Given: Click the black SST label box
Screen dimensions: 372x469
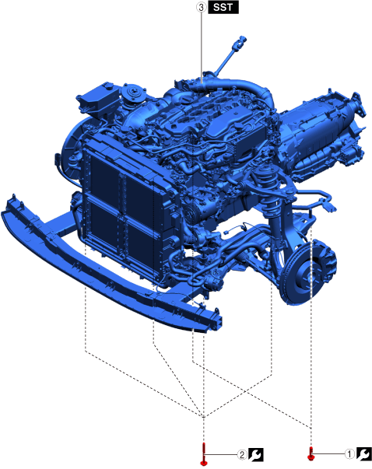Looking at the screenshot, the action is [x=223, y=7].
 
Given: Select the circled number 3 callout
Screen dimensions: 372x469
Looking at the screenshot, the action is [x=201, y=7].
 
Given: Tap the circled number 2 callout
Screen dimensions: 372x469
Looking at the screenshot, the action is [x=242, y=455].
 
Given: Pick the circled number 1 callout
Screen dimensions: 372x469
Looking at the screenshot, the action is [x=349, y=454].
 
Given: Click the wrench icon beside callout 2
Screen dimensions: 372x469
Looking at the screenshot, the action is [x=256, y=455].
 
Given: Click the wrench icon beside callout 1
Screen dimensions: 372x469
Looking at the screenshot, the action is [x=364, y=453].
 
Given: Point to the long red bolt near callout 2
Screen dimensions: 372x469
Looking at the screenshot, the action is [x=204, y=454].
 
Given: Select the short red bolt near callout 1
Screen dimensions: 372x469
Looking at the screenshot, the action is [x=311, y=453].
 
